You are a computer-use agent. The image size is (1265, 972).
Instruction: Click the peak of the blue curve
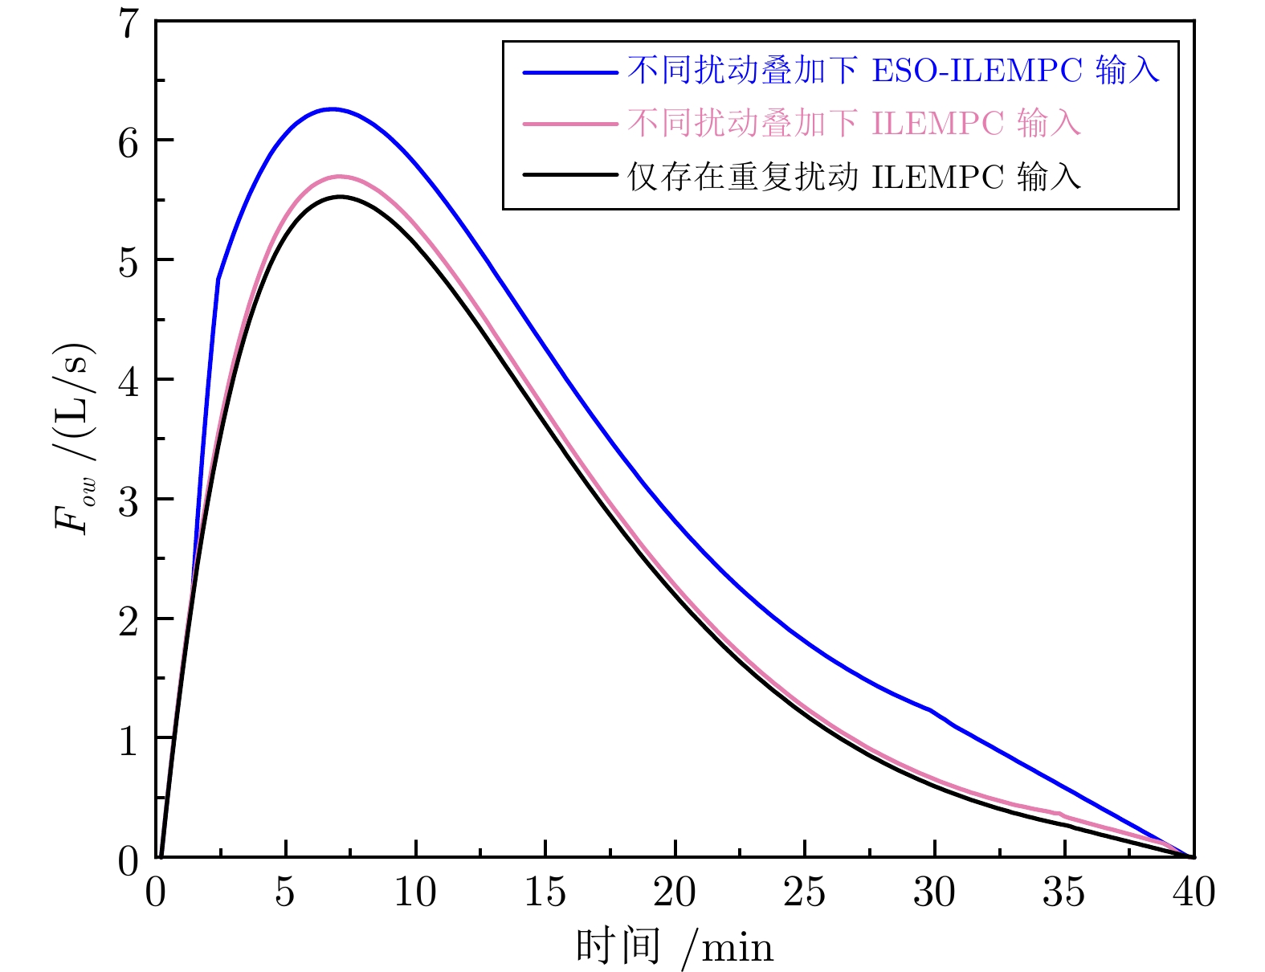(332, 109)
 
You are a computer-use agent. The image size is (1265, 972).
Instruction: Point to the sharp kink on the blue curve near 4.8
(218, 279)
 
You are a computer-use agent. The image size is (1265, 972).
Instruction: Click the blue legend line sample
(570, 72)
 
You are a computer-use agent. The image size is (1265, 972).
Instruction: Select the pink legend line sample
(570, 125)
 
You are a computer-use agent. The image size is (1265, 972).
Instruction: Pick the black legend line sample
(570, 175)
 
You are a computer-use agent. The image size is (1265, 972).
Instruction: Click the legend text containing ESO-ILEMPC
(893, 71)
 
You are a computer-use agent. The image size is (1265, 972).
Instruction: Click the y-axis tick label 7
(129, 24)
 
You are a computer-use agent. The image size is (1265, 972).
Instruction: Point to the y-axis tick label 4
(129, 382)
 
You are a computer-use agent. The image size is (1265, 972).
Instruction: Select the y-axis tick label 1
(129, 740)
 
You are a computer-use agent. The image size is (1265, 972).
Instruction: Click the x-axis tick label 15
(545, 892)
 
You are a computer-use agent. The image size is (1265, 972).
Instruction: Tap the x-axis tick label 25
(804, 892)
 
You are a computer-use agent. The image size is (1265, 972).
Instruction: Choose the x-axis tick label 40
(1194, 892)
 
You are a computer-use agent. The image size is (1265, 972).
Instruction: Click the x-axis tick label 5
(285, 892)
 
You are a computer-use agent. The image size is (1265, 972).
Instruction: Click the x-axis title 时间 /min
(675, 945)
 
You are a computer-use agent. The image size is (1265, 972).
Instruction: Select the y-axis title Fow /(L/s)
(75, 439)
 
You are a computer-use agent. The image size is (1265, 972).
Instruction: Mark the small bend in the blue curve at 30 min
(931, 710)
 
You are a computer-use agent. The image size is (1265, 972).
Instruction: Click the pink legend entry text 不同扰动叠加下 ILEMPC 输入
(855, 124)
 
